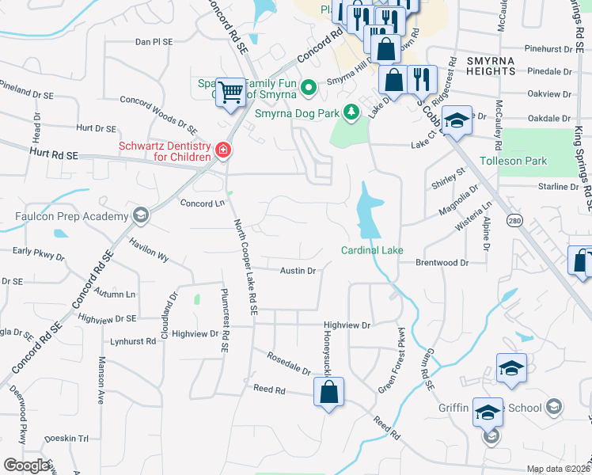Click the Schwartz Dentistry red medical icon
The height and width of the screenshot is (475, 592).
coord(223,150)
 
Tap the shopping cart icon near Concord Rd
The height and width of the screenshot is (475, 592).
coord(230,92)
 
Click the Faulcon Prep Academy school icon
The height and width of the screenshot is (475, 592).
coord(140,215)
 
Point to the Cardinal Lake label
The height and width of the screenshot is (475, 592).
coord(372,250)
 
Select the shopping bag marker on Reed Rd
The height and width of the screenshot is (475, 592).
coord(328,391)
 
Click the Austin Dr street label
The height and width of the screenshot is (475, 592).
coord(298,271)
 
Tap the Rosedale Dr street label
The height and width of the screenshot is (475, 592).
coord(290,364)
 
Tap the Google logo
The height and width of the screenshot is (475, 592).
coord(26,465)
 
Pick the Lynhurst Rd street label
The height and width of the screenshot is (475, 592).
coord(134,341)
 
